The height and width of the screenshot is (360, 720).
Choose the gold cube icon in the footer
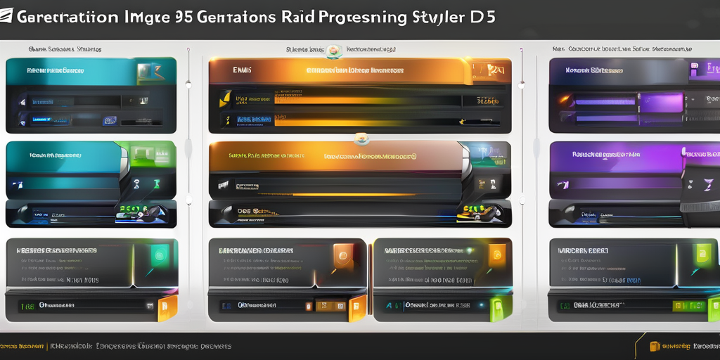point(655,346)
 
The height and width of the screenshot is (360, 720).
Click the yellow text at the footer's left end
point(21,347)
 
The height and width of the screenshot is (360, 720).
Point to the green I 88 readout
point(28,306)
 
